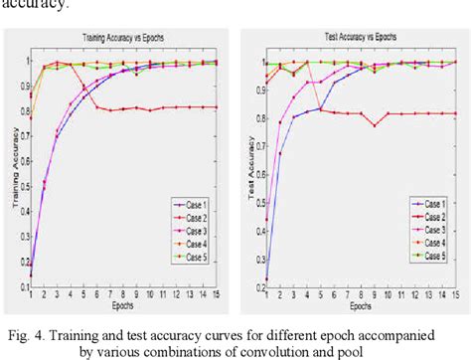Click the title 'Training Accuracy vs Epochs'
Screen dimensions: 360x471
[123, 39]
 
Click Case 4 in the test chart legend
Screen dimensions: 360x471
[430, 242]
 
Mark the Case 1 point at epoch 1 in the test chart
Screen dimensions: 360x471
[265, 279]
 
